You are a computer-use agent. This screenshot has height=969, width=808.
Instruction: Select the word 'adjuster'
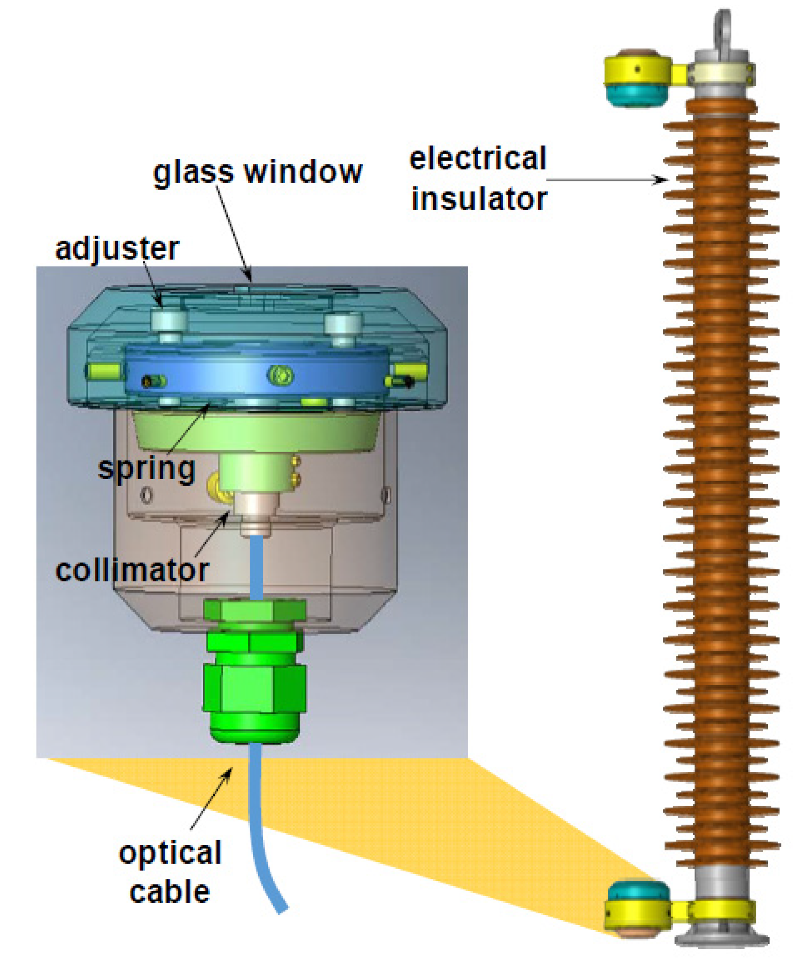(x=117, y=248)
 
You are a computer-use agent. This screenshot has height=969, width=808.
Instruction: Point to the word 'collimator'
(x=132, y=570)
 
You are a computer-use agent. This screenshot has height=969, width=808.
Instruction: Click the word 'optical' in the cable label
(x=170, y=853)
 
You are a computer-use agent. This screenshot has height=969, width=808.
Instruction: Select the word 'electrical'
(x=478, y=159)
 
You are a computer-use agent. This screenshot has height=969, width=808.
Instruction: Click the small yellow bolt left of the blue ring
(x=104, y=371)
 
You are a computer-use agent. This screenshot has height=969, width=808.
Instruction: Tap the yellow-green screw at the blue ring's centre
(x=280, y=375)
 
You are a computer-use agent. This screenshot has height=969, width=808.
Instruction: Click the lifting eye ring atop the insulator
(x=723, y=28)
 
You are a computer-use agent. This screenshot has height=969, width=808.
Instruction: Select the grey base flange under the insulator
(x=722, y=939)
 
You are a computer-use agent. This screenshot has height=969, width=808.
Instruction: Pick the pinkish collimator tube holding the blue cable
(x=256, y=514)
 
